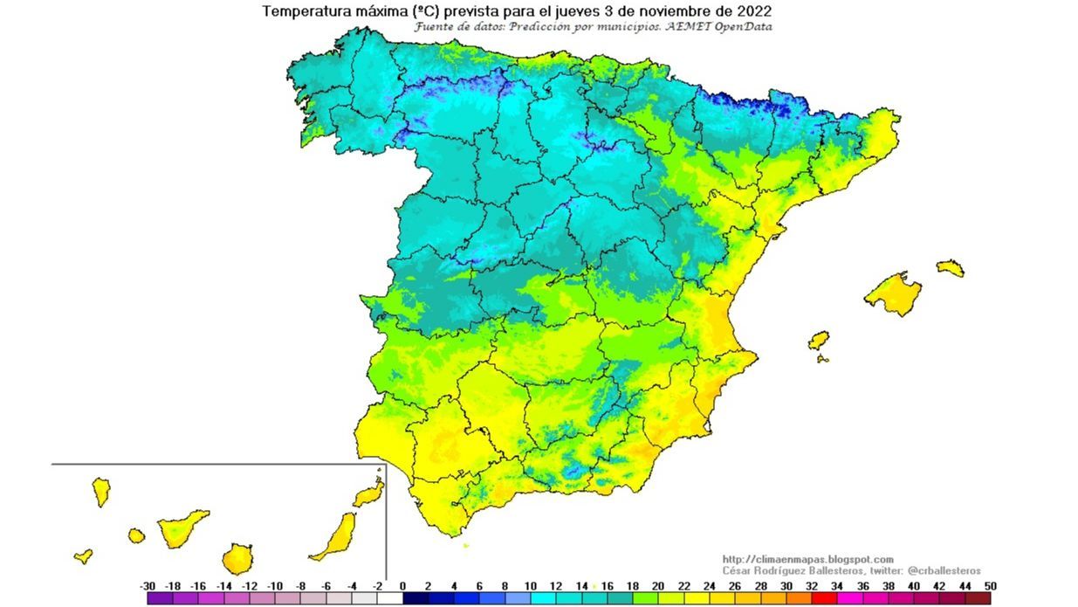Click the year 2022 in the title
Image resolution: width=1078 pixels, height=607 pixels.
(x=753, y=11)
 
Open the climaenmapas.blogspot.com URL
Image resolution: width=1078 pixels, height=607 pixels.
(x=807, y=559)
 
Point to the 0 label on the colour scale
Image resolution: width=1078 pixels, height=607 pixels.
(x=402, y=586)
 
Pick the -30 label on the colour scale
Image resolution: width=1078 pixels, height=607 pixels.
(x=148, y=586)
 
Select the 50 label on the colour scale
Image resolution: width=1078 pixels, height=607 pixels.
(x=990, y=586)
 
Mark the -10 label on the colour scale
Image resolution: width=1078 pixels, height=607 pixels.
(x=275, y=586)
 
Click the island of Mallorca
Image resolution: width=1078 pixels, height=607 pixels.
(x=892, y=293)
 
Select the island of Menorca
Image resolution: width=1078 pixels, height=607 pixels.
(x=951, y=267)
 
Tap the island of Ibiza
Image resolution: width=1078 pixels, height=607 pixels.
(x=818, y=341)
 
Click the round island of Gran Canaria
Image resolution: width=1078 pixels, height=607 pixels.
(x=237, y=558)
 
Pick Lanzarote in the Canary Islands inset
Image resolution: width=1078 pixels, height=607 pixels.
(x=369, y=494)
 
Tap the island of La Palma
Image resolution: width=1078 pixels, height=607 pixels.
(x=101, y=491)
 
